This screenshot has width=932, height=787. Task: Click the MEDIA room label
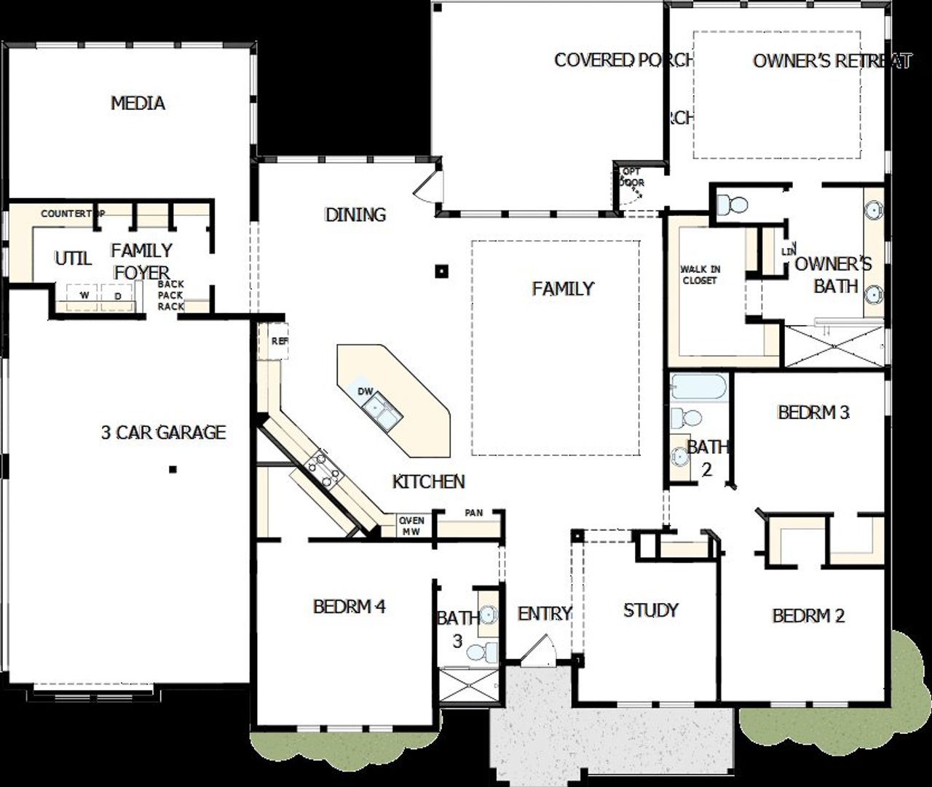[x=138, y=103]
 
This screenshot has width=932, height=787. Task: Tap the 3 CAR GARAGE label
[x=163, y=433]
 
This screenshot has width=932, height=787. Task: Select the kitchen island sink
[x=382, y=410]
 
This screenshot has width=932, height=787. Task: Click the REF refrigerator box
[x=277, y=340]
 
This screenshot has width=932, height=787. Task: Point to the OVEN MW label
[x=411, y=526]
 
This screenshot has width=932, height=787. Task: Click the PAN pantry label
[x=473, y=514]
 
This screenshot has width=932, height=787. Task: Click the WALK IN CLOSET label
[x=699, y=275]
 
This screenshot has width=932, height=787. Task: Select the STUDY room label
[x=651, y=610]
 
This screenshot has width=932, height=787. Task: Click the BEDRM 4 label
[x=349, y=606]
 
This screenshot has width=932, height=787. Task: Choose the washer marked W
[x=84, y=296]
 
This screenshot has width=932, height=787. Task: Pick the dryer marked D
[x=117, y=296]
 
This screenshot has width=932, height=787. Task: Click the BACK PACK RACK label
[x=171, y=295]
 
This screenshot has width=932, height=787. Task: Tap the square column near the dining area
[x=441, y=271]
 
